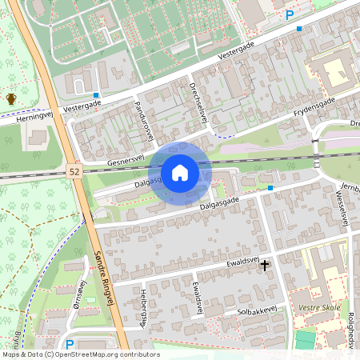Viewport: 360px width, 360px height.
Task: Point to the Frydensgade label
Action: pyautogui.click(x=314, y=110)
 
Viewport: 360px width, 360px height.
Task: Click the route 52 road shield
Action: pyautogui.click(x=74, y=171)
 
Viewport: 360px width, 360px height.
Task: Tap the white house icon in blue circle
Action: pyautogui.click(x=180, y=173)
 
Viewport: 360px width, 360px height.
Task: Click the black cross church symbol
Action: pyautogui.click(x=265, y=264)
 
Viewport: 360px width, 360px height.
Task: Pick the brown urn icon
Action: pyautogui.click(x=11, y=98)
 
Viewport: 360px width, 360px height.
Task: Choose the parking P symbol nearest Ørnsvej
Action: pyautogui.click(x=70, y=345)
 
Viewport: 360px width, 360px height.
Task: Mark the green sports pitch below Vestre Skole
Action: pyautogui.click(x=305, y=340)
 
